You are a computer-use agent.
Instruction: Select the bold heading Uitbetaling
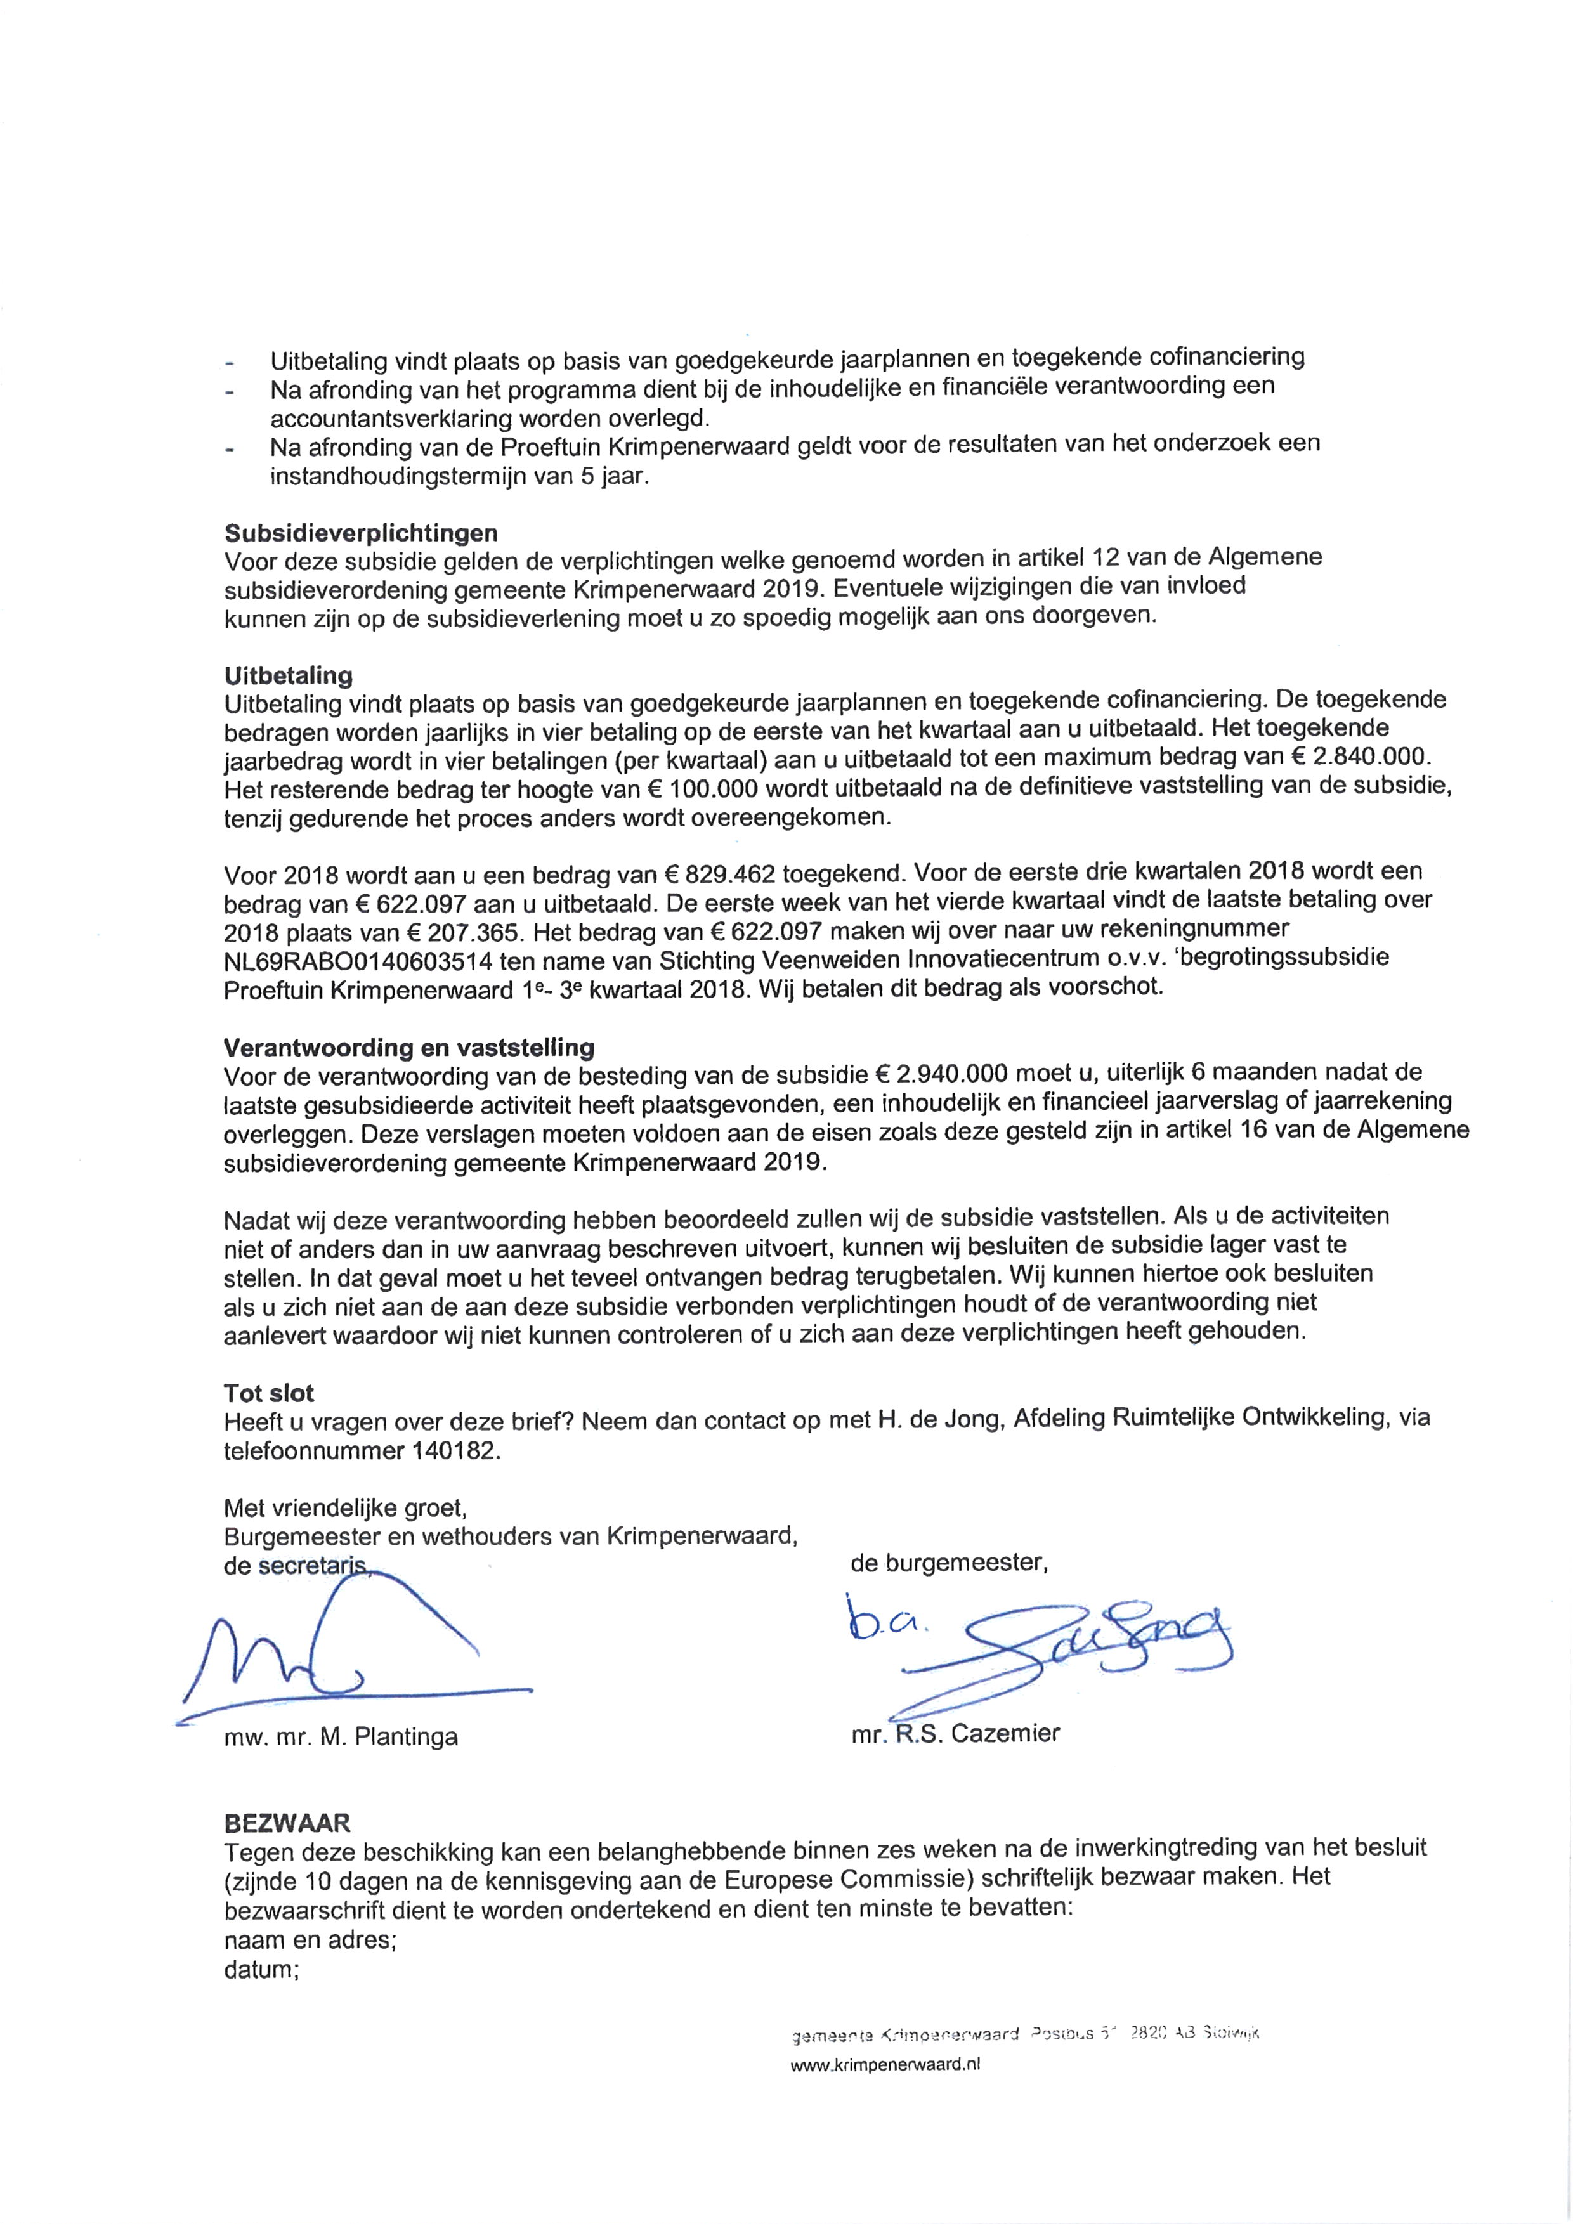point(288,675)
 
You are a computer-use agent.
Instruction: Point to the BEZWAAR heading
point(287,1823)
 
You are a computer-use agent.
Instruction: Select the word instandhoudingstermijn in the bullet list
point(391,478)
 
